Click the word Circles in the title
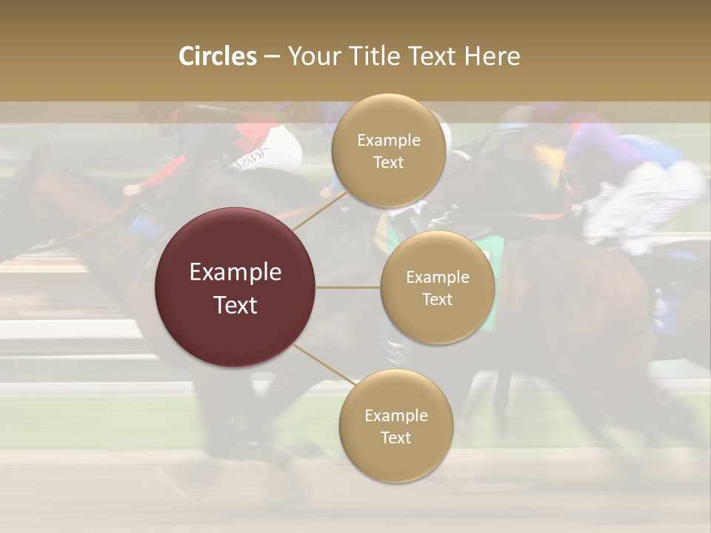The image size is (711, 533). click(217, 56)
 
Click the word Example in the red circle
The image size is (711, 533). click(236, 272)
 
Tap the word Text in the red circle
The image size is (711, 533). click(236, 305)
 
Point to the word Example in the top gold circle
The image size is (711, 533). click(388, 141)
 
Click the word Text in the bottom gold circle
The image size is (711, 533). click(395, 438)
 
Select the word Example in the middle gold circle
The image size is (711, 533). click(437, 278)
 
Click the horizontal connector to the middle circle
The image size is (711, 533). click(348, 287)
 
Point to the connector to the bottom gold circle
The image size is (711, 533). click(324, 364)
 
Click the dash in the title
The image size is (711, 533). click(272, 56)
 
